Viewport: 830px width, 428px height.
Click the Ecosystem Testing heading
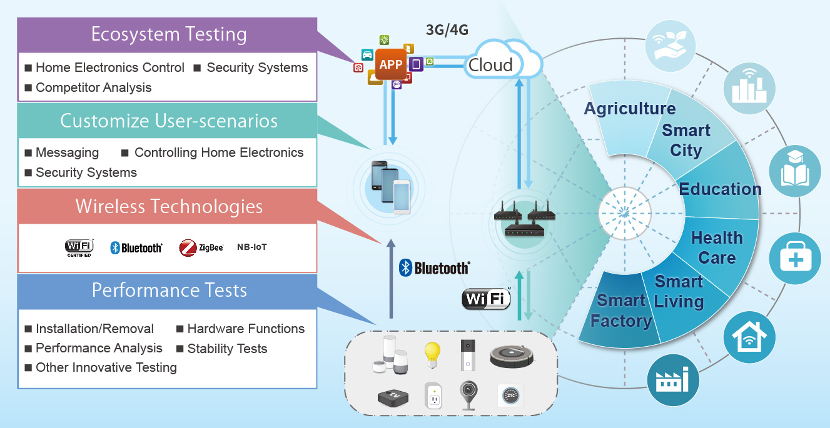pyautogui.click(x=169, y=34)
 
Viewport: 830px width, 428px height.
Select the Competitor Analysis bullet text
pyautogui.click(x=93, y=87)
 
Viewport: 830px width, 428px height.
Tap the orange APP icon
pyautogui.click(x=391, y=64)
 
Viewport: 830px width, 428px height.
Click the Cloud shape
pyautogui.click(x=494, y=62)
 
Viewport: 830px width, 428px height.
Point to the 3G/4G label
pyautogui.click(x=447, y=29)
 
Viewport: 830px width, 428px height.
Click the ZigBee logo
pyautogui.click(x=201, y=247)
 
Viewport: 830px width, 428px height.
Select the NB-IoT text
pyautogui.click(x=252, y=247)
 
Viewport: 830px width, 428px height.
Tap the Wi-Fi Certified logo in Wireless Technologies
pyautogui.click(x=79, y=247)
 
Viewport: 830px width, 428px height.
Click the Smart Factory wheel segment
pyautogui.click(x=619, y=311)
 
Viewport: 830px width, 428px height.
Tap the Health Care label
pyautogui.click(x=717, y=247)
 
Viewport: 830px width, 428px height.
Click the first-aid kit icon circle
pyautogui.click(x=795, y=259)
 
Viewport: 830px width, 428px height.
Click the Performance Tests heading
pyautogui.click(x=169, y=290)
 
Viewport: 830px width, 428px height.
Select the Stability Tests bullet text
pyautogui.click(x=227, y=349)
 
